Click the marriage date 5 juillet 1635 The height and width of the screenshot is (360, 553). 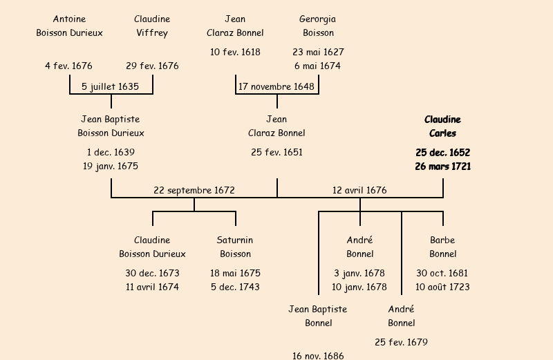[x=111, y=87]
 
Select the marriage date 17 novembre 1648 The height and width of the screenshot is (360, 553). [x=276, y=87]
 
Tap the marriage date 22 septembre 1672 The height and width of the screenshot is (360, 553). [x=194, y=191]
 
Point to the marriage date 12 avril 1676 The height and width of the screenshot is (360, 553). [x=359, y=191]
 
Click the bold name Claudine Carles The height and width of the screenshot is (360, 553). [x=442, y=126]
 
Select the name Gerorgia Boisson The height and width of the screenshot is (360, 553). [x=318, y=26]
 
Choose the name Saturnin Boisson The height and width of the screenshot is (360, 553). [x=235, y=247]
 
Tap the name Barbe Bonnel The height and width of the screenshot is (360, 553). [x=442, y=247]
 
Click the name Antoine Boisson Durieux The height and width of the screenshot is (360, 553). [x=69, y=26]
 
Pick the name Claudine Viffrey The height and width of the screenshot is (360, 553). [x=152, y=26]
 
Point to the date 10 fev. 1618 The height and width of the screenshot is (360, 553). [x=235, y=53]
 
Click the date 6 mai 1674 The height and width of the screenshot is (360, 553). [x=318, y=66]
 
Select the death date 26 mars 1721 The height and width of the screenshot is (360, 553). [x=443, y=167]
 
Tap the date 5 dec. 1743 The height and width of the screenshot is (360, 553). [x=235, y=287]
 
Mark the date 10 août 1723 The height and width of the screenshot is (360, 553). [x=442, y=287]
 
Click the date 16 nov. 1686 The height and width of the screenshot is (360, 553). [x=318, y=355]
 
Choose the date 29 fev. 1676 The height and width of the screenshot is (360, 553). [x=152, y=66]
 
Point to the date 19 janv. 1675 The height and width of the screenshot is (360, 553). [x=111, y=167]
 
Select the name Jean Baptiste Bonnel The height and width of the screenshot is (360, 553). [x=318, y=316]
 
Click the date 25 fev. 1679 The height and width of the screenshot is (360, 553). [x=401, y=343]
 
